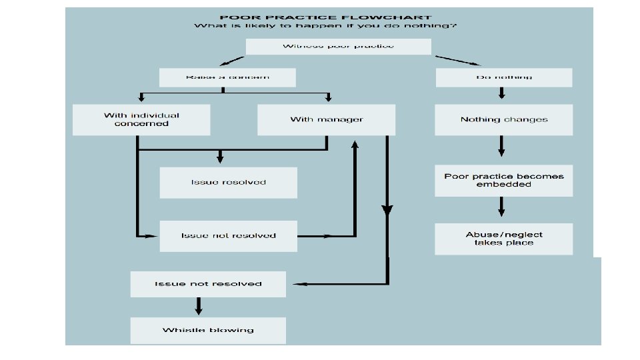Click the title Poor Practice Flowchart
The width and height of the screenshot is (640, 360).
click(x=325, y=18)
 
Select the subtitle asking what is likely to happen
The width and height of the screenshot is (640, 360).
click(x=325, y=27)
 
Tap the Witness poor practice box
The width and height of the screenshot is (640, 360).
click(x=339, y=47)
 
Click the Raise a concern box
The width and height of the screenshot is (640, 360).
click(x=227, y=78)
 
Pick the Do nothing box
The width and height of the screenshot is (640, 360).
click(x=504, y=78)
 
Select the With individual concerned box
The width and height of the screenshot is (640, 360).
click(x=141, y=120)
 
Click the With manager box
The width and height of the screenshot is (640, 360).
click(x=326, y=120)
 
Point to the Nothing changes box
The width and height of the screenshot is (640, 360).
click(x=504, y=120)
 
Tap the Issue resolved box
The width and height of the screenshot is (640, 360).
click(x=228, y=183)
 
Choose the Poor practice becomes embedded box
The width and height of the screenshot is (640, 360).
click(x=504, y=181)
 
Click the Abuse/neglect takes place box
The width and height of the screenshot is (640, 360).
click(x=504, y=239)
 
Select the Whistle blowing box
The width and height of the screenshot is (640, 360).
click(x=208, y=331)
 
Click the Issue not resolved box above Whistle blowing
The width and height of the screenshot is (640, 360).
click(x=208, y=284)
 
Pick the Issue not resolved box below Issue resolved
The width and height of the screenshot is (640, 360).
click(x=228, y=236)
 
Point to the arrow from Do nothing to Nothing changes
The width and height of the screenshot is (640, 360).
click(x=501, y=94)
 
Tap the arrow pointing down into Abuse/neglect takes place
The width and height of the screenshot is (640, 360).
click(x=501, y=208)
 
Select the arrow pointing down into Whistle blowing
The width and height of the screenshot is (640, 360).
click(x=198, y=306)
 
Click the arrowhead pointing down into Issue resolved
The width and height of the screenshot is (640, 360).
click(x=220, y=159)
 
